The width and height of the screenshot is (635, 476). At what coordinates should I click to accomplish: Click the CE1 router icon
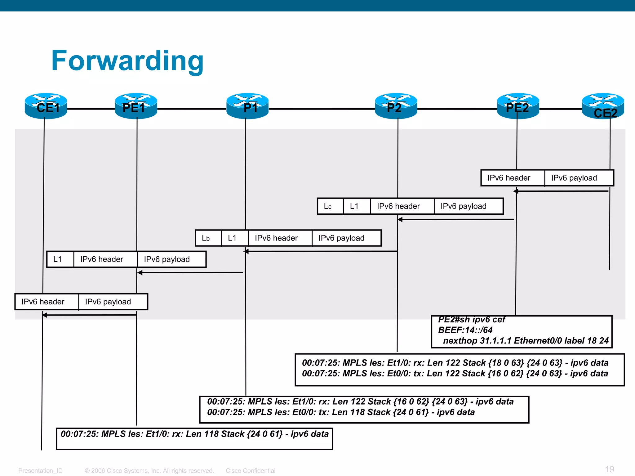tap(46, 106)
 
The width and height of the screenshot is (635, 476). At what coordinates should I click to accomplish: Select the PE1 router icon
tap(136, 106)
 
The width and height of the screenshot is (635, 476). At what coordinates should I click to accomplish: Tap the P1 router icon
tap(247, 106)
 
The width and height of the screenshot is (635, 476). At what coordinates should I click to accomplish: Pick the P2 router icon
tap(396, 106)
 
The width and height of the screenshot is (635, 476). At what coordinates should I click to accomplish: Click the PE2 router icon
tap(518, 106)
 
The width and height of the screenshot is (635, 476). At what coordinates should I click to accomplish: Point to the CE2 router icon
tap(603, 106)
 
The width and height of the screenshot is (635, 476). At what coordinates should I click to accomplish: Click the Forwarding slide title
tap(127, 61)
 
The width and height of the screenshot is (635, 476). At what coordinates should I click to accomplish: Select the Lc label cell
tap(330, 206)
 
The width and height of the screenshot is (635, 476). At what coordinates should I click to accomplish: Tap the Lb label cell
tap(208, 238)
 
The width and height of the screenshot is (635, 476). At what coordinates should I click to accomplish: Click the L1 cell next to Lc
tap(357, 206)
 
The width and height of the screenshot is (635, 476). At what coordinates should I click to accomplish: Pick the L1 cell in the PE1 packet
tap(60, 259)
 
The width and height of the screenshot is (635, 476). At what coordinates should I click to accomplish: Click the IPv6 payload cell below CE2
tap(579, 178)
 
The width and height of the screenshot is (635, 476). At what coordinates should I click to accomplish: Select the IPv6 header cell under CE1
tap(47, 302)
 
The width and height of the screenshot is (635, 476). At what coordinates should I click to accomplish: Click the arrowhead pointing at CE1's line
tap(45, 315)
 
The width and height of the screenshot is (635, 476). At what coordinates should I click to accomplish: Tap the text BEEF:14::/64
tap(465, 330)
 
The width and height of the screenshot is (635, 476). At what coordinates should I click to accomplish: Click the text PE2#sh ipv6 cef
tap(471, 320)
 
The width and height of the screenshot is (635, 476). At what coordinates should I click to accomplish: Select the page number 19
tap(609, 469)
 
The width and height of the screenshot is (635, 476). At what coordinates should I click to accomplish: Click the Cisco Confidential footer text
tap(250, 471)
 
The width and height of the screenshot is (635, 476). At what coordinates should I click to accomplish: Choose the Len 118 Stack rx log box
tap(194, 438)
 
